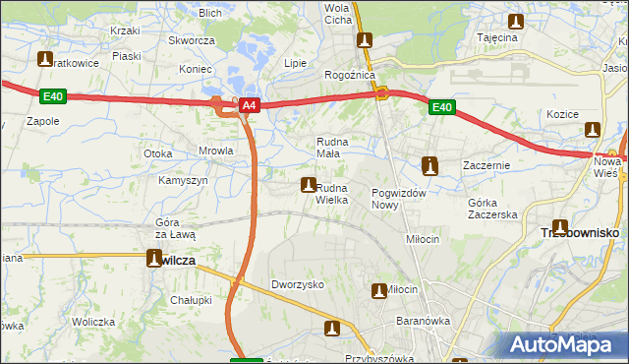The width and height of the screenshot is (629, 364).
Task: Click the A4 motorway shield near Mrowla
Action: tap(249, 105)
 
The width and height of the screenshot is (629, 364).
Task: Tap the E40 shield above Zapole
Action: tap(53, 96)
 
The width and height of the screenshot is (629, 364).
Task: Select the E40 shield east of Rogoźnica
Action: tap(441, 107)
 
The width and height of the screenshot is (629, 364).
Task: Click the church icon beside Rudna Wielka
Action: tap(309, 185)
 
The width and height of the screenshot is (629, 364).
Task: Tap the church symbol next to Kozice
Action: tap(592, 129)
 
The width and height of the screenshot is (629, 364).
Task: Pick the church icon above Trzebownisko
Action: tap(560, 227)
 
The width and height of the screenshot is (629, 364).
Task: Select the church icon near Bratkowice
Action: tap(45, 59)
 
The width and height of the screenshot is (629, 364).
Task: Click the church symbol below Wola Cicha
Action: tap(366, 40)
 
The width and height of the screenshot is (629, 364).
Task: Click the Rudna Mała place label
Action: tap(332, 148)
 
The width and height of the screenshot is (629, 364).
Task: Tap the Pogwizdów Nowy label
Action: tap(398, 199)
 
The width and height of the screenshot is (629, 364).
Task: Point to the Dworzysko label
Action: tap(298, 284)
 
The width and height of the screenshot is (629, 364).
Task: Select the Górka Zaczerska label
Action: tap(491, 208)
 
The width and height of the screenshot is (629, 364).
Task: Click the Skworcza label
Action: tap(192, 40)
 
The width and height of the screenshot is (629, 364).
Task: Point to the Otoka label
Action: tap(158, 153)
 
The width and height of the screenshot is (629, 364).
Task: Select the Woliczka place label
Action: tap(93, 322)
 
